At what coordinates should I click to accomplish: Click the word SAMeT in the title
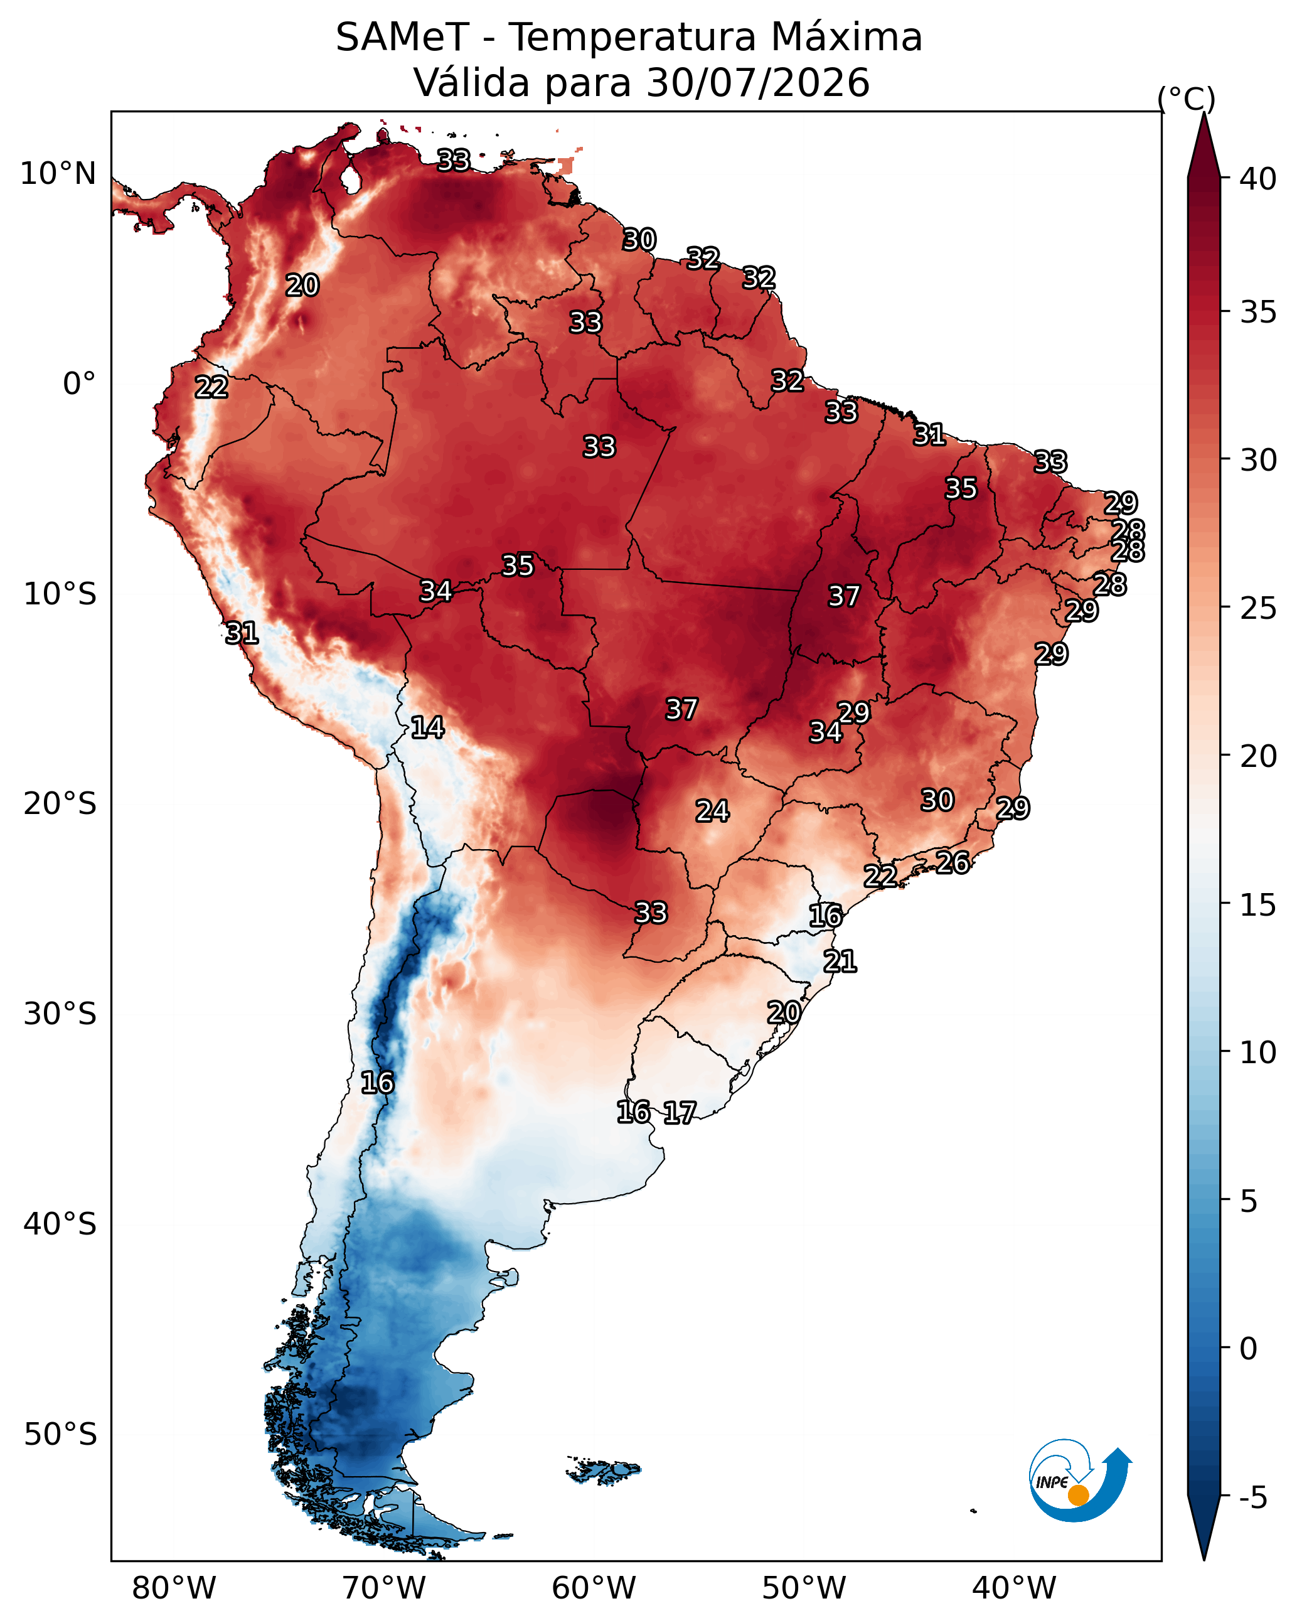[x=402, y=38]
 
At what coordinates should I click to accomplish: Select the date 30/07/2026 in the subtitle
[x=758, y=82]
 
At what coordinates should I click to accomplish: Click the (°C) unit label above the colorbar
[x=1187, y=99]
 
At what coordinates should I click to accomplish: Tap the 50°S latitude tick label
[x=60, y=1434]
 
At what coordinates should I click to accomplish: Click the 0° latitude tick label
[x=80, y=384]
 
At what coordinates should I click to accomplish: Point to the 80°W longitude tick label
[x=174, y=1587]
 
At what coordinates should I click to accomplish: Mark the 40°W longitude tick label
[x=1014, y=1587]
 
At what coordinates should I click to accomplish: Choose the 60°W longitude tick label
[x=594, y=1587]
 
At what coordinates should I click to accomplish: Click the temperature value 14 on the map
[x=427, y=727]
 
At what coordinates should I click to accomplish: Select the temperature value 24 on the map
[x=712, y=811]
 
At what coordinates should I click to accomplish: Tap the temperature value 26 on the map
[x=953, y=862]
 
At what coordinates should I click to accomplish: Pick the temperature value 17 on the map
[x=680, y=1112]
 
